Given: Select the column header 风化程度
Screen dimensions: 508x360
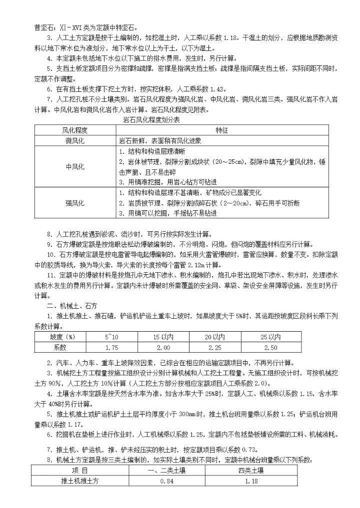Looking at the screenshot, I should (x=75, y=130).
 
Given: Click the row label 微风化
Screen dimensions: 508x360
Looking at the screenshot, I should (x=75, y=141).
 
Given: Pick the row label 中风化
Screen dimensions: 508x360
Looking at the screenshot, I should (x=75, y=167).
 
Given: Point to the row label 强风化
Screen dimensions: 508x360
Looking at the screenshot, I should (x=75, y=203).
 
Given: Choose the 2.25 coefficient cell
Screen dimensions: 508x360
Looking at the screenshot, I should (x=215, y=347).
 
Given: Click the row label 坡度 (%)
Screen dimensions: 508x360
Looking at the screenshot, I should (x=59, y=337).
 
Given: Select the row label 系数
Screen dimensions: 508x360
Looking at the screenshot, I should (x=59, y=347).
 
